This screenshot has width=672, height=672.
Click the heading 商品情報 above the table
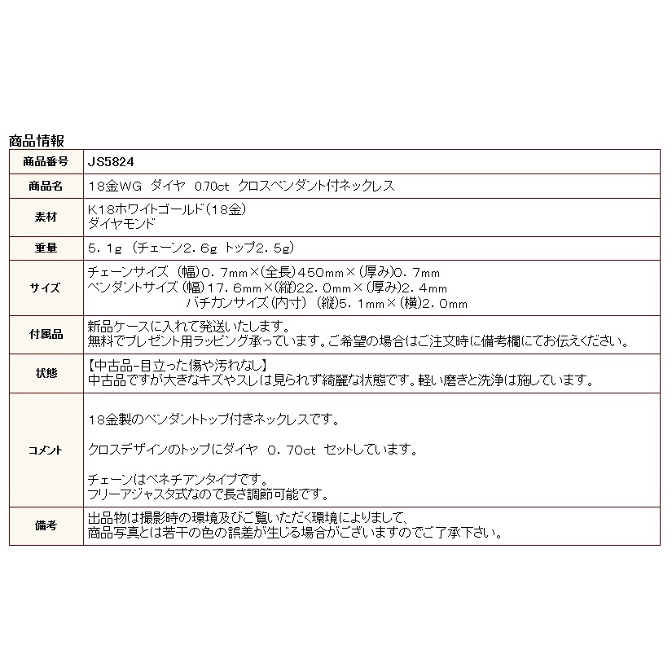36,140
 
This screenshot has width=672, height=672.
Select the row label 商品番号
46,161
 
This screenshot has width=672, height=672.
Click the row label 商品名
46,185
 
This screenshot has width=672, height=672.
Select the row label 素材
46,215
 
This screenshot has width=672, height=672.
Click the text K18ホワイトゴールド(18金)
167,209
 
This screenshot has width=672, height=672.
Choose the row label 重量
46,248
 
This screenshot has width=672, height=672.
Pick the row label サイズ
46,288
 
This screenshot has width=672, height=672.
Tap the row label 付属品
46,334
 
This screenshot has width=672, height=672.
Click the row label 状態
46,373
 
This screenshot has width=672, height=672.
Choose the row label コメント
46,449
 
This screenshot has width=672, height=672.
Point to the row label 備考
46,526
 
